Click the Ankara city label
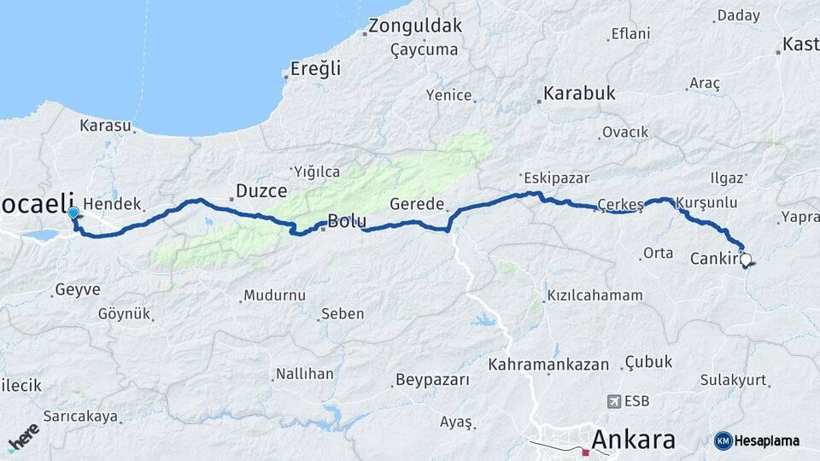[633, 440]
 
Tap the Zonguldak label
[415, 26]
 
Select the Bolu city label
[348, 221]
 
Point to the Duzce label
[261, 191]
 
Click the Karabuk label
[579, 94]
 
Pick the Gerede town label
[418, 205]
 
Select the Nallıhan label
[304, 374]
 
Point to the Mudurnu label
[274, 295]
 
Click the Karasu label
[105, 125]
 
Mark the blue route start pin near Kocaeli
[73, 213]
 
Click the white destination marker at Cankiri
[746, 260]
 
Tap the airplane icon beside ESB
[613, 401]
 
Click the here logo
[23, 437]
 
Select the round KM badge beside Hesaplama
[723, 441]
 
